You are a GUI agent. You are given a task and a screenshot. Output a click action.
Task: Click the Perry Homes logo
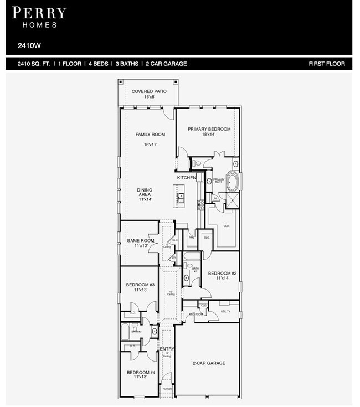39,17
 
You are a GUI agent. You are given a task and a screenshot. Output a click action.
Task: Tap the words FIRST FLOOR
327,64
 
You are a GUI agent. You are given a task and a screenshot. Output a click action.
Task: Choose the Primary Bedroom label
209,131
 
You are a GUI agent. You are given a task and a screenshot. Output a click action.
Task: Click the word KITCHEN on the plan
186,178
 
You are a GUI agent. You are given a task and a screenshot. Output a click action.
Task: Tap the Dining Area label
145,194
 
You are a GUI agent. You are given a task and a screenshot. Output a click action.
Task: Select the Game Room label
140,243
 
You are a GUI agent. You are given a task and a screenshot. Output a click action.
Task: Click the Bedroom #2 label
222,275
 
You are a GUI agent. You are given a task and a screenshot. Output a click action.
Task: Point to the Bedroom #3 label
140,287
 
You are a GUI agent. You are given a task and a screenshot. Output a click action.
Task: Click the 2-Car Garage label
209,363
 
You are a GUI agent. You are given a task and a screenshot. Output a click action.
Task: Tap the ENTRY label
167,349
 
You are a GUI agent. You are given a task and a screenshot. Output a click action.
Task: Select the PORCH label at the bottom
167,389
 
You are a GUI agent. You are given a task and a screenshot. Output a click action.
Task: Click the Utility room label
225,312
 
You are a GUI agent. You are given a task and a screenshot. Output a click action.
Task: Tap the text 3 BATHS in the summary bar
127,64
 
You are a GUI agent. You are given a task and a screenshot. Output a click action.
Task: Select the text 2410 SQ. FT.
34,64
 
